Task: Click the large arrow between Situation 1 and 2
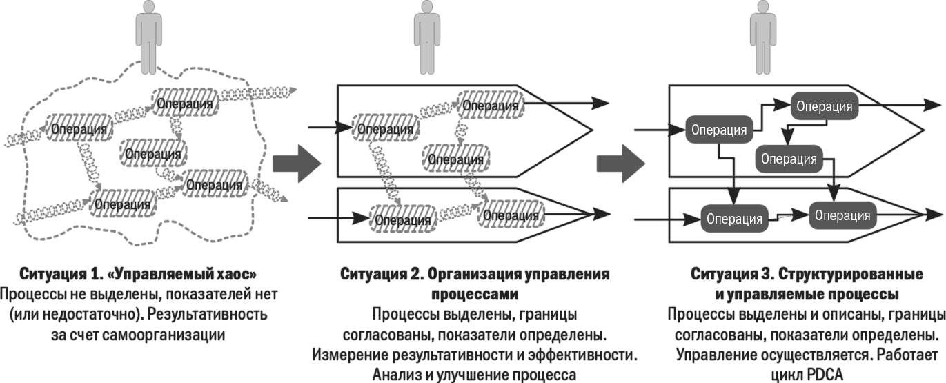coord(297,164)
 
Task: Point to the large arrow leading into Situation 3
coord(621,164)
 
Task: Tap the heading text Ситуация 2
coord(380,274)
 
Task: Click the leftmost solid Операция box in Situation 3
coord(718,129)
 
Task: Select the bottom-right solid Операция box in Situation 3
coord(842,215)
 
